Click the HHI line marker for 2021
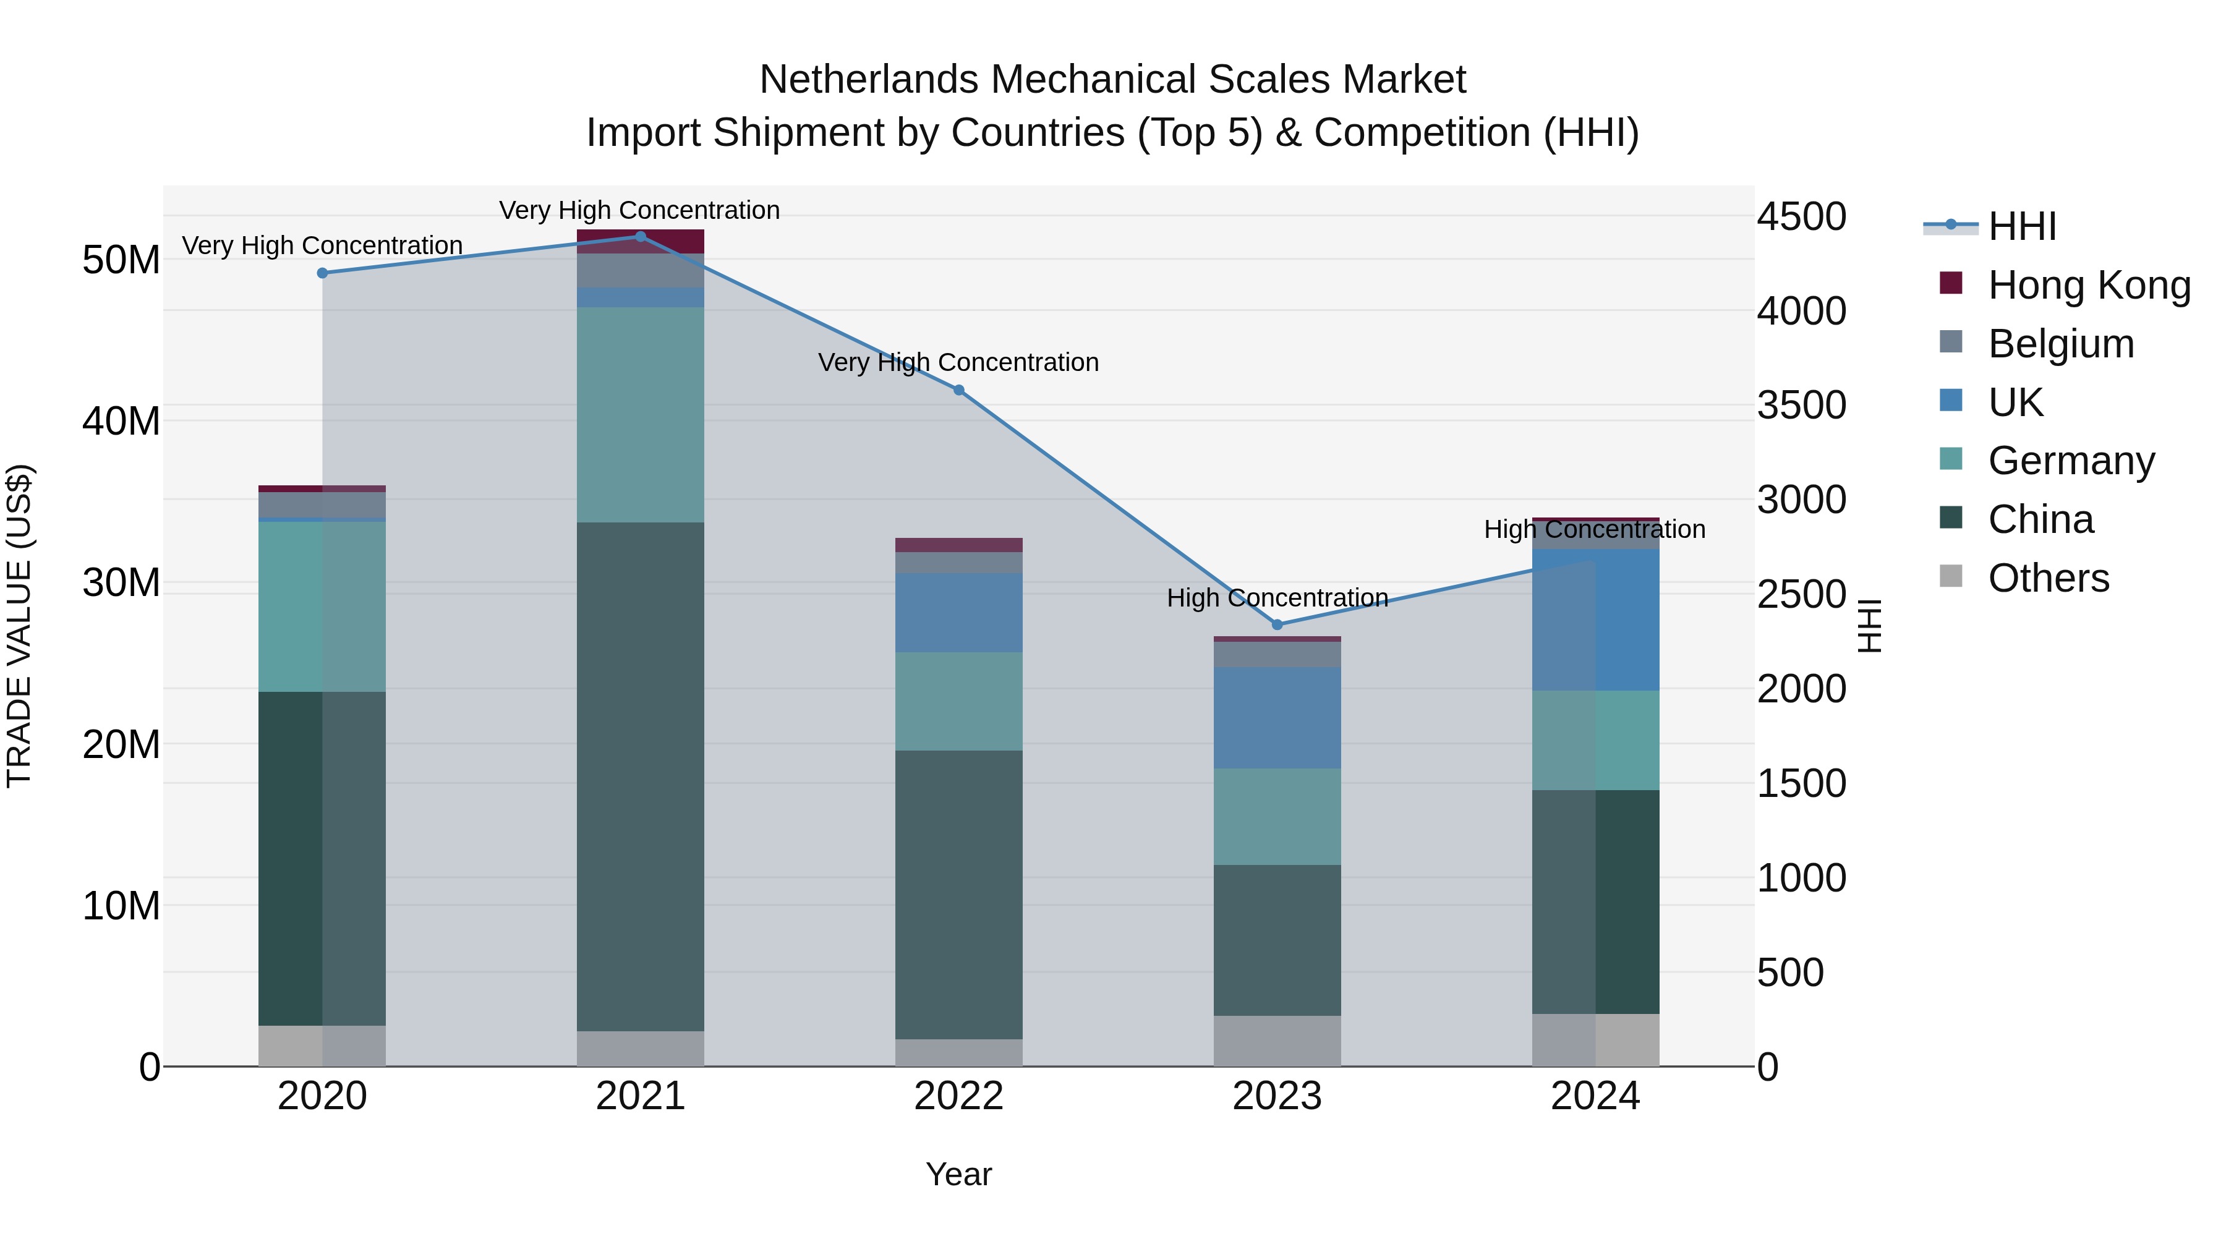641,237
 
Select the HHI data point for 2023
1277,624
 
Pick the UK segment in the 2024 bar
1595,620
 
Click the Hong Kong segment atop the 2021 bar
641,241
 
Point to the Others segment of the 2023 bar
1277,1041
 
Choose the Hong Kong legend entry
2089,285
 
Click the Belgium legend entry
2060,344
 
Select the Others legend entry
2048,578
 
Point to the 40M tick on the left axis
121,422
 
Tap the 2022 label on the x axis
958,1096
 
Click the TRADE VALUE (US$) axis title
19,626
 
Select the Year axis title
958,1174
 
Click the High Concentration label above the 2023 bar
1277,598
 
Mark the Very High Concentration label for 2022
958,362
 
